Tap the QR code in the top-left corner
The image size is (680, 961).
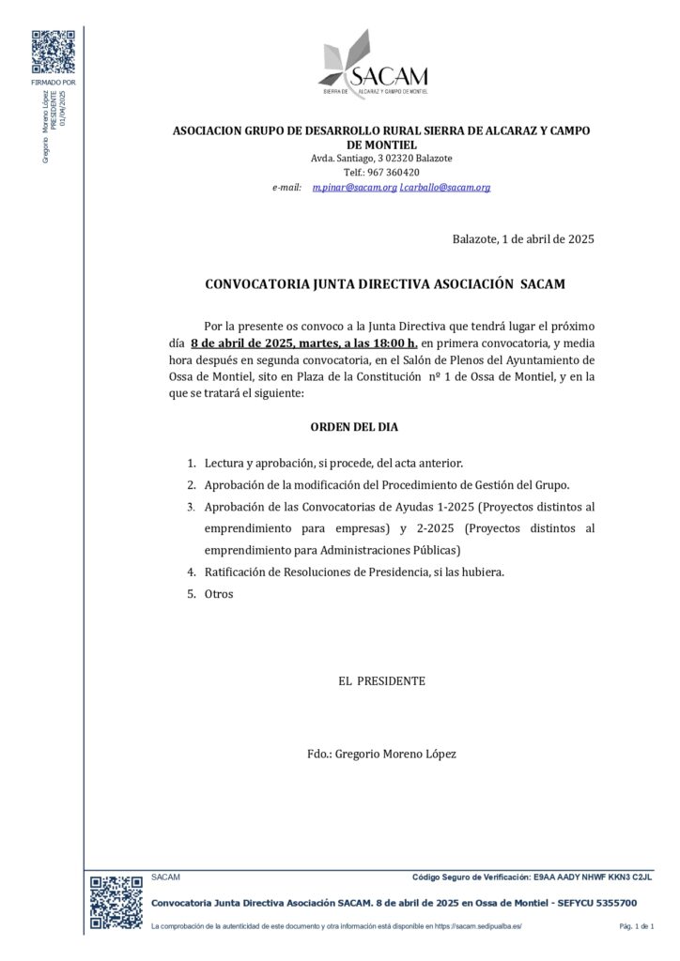pos(53,53)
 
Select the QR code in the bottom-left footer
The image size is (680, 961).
pos(116,902)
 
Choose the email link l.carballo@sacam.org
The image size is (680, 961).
pos(445,188)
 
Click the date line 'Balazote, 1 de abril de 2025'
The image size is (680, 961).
pos(522,239)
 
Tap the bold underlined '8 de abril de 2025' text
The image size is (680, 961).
pos(242,343)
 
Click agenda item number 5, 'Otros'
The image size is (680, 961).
pos(218,594)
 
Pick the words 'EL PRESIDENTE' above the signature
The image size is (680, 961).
pos(381,681)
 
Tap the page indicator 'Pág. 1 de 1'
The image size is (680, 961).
pos(636,927)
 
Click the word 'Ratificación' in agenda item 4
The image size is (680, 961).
pos(235,572)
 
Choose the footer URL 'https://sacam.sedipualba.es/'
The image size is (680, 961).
pos(473,927)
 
